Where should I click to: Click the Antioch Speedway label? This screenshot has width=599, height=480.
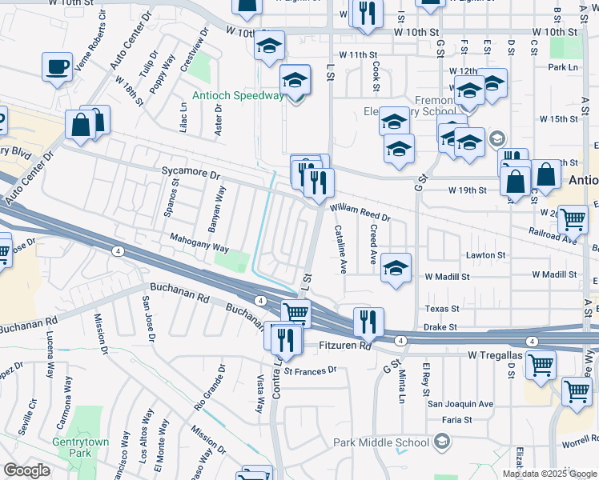[x=238, y=96]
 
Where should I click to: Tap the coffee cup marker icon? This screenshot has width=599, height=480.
[x=58, y=67]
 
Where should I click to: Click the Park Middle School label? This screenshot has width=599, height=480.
[x=380, y=442]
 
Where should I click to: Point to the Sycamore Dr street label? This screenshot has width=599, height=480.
[x=190, y=173]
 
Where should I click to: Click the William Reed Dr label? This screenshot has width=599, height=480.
[x=360, y=212]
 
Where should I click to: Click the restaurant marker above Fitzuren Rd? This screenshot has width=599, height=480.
[x=368, y=322]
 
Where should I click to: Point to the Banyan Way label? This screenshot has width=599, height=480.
[x=222, y=206]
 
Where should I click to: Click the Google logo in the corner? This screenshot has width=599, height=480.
[x=26, y=470]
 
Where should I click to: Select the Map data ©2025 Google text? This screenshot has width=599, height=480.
[x=550, y=474]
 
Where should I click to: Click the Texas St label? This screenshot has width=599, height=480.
[x=442, y=309]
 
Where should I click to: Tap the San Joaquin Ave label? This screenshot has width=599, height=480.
[x=460, y=404]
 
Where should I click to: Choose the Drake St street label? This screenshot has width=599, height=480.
[x=439, y=326]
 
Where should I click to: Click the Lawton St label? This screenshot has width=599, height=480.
[x=488, y=255]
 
